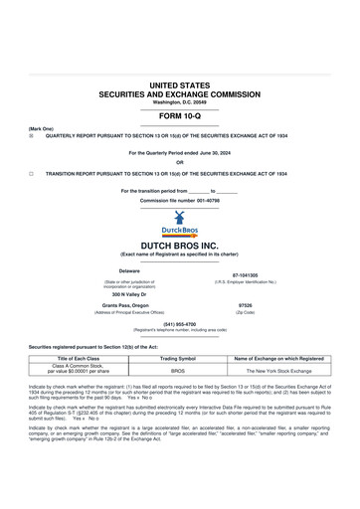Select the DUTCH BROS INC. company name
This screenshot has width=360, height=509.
180,245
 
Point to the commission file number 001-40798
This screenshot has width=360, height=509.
180,200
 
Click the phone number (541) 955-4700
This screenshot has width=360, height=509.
180,323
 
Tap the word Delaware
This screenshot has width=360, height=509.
129,270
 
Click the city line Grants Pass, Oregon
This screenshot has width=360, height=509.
129,305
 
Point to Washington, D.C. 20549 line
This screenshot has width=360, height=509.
180,101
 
